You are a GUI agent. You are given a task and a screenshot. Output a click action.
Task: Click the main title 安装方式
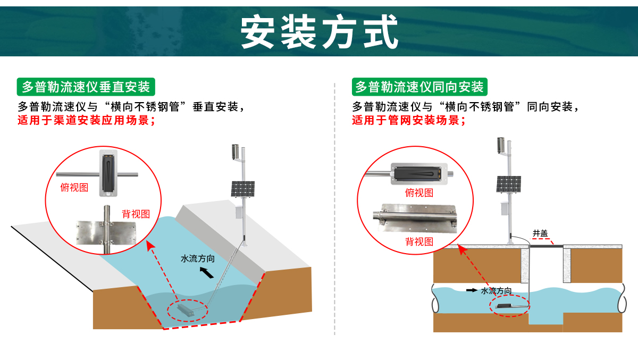pos(320,31)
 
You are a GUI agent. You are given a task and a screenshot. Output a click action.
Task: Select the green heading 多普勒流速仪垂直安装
pos(86,86)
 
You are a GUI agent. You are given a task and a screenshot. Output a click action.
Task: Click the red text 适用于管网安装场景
pos(409,120)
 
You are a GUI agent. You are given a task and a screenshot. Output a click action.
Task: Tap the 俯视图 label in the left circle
pos(74,187)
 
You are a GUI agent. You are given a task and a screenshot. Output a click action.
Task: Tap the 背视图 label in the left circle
pos(136,214)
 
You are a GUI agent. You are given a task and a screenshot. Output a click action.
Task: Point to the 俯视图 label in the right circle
pos(419,192)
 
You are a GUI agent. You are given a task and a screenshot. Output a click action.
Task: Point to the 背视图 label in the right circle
pos(419,241)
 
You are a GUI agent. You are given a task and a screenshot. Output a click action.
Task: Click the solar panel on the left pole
pos(242,189)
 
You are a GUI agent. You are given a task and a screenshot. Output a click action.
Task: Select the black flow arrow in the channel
pos(208,273)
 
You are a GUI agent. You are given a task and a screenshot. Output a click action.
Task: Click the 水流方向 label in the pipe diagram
pos(496,290)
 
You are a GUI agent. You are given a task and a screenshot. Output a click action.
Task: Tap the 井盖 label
pos(540,233)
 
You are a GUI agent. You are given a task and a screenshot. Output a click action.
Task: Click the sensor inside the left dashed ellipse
pos(187,308)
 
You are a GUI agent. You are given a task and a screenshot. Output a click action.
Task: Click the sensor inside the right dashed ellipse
pos(509,306)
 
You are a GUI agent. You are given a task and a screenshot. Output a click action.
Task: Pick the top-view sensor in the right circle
pos(419,173)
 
